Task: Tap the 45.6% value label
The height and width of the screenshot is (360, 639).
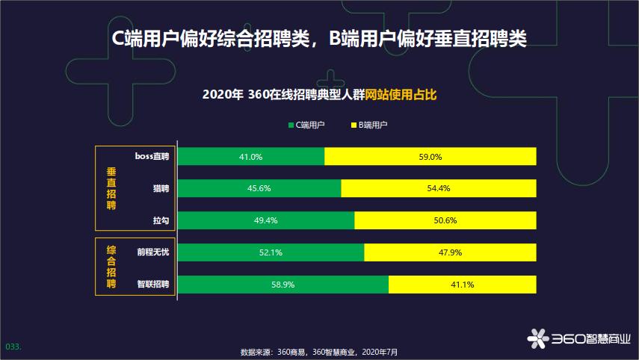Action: [x=259, y=189]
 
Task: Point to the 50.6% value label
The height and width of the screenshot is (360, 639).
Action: [x=445, y=221]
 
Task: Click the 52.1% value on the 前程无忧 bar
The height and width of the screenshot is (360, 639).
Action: [x=270, y=252]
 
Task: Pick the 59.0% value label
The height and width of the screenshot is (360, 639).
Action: [x=430, y=157]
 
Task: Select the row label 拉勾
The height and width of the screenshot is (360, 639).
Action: [x=160, y=221]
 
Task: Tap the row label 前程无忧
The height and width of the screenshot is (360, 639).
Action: [x=152, y=252]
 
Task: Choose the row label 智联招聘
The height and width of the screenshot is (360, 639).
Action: [x=152, y=285]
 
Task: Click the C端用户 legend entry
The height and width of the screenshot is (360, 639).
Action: [x=306, y=125]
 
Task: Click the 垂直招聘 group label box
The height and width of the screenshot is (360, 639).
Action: [x=111, y=187]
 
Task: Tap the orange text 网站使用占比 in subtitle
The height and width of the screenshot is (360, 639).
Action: [x=401, y=95]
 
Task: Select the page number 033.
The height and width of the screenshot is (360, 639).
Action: [x=13, y=347]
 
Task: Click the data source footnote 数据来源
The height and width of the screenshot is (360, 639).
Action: [x=319, y=352]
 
